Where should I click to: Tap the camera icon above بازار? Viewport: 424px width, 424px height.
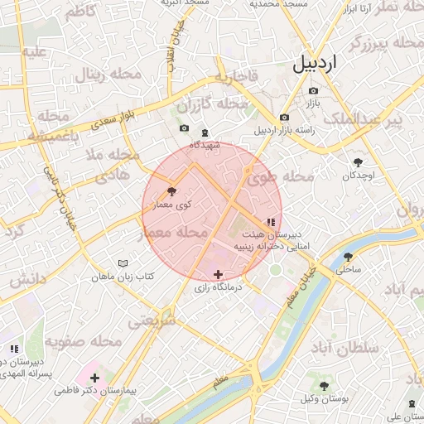click(x=313, y=90)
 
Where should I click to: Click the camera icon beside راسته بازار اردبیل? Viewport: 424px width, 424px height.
click(x=285, y=118)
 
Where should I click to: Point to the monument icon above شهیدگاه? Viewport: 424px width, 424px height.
click(x=205, y=132)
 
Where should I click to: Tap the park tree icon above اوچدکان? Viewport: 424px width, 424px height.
click(x=359, y=162)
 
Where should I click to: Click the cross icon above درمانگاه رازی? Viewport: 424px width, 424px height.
click(x=218, y=274)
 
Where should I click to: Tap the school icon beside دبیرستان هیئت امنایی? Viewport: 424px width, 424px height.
click(x=271, y=222)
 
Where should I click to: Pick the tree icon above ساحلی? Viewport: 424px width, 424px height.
click(x=348, y=257)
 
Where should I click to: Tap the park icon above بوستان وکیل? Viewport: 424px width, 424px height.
click(x=325, y=386)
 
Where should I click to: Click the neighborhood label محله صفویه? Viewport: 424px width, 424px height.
click(x=74, y=340)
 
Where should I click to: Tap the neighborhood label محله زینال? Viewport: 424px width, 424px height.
click(x=109, y=75)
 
